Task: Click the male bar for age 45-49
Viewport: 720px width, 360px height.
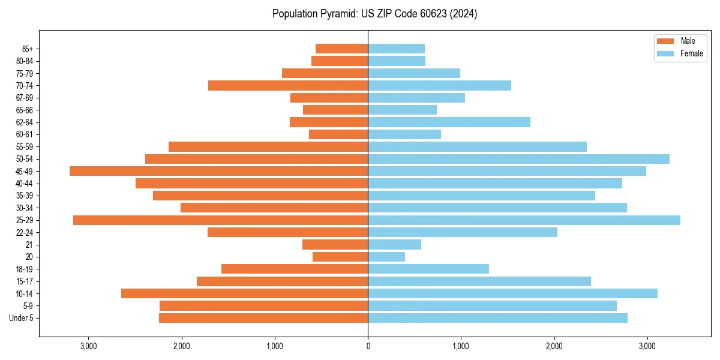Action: pyautogui.click(x=218, y=171)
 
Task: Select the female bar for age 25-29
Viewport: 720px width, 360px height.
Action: pyautogui.click(x=524, y=220)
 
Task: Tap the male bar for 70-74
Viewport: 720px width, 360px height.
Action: pyautogui.click(x=288, y=86)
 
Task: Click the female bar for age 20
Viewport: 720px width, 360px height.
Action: pyautogui.click(x=386, y=257)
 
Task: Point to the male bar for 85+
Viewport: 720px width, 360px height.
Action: pyautogui.click(x=341, y=49)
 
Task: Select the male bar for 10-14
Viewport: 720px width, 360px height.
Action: pyautogui.click(x=244, y=293)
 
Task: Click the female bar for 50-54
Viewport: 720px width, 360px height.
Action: pyautogui.click(x=518, y=159)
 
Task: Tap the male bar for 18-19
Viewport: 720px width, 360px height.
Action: pyautogui.click(x=295, y=269)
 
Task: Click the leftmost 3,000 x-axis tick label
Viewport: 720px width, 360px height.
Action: pyautogui.click(x=88, y=347)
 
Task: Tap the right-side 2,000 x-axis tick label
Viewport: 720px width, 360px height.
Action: pyautogui.click(x=554, y=347)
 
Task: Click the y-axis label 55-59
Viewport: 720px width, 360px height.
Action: pyautogui.click(x=25, y=147)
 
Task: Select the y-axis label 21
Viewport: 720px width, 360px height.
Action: pyautogui.click(x=29, y=245)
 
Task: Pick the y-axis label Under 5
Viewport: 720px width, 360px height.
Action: pyautogui.click(x=22, y=318)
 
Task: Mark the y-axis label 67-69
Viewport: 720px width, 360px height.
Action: pyautogui.click(x=25, y=98)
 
